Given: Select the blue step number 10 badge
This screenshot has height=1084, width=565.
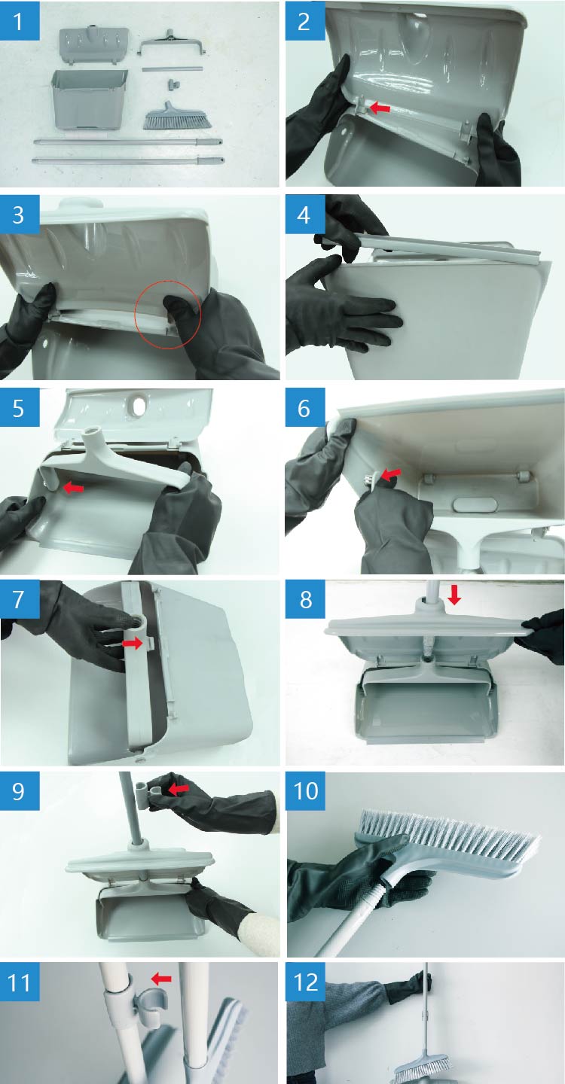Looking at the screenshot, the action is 306,790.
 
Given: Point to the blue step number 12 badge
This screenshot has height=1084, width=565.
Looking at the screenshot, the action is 306,982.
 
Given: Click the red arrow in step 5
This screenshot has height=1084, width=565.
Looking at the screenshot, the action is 74,489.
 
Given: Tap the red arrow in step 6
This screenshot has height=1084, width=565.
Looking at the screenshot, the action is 391,473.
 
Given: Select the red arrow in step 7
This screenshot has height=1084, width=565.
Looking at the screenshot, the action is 132,643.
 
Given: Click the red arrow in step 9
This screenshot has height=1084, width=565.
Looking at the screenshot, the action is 178,789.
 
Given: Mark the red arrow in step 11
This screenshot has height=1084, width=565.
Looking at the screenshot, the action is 161,979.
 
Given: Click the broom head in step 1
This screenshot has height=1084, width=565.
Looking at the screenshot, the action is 177,116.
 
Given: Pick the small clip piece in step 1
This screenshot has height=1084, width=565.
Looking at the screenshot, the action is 174,84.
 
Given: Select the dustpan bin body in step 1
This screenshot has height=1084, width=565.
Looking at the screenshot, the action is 89,100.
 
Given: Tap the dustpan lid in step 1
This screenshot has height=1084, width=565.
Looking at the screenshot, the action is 94,45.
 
